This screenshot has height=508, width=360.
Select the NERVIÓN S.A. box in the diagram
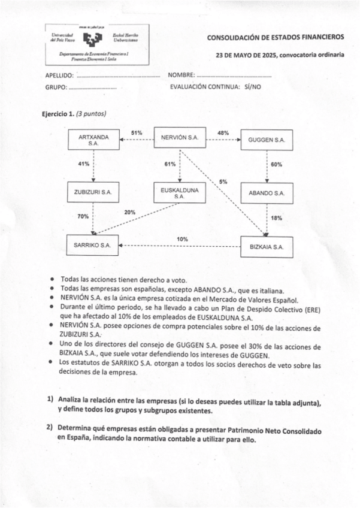tap(180, 138)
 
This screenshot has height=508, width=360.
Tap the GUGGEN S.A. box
tap(267, 140)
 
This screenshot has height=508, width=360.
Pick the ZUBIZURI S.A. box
tap(93, 193)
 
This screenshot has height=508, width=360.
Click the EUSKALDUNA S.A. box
tap(180, 192)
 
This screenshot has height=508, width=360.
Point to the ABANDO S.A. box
tap(267, 193)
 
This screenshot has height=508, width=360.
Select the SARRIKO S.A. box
tap(93, 245)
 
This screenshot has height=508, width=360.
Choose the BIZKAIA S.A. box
tap(267, 246)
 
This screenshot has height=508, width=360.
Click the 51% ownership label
tap(137, 132)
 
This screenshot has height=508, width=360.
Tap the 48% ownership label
tap(223, 132)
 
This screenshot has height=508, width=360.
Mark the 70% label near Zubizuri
tap(83, 216)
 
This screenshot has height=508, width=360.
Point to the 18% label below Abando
tap(276, 218)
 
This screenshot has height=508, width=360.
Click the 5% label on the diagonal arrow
tap(223, 181)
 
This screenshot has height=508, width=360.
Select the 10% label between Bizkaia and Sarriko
tap(182, 239)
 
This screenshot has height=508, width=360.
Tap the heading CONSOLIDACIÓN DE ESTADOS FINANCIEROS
tap(276, 37)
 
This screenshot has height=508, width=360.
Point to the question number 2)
tap(50, 428)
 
